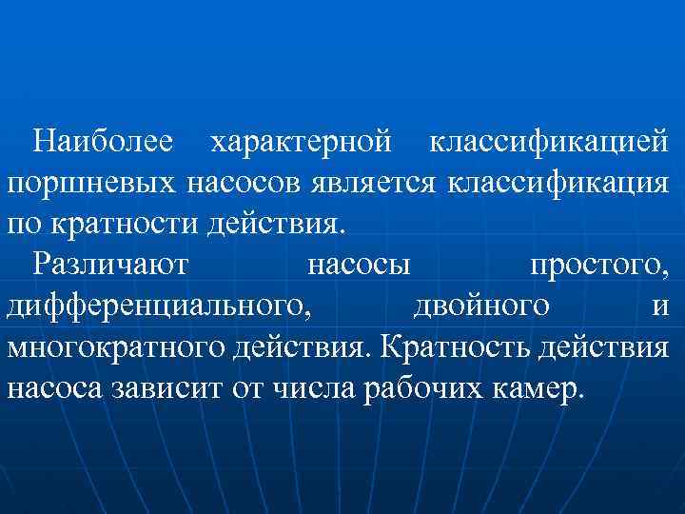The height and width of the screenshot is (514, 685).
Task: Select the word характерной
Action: [301, 142]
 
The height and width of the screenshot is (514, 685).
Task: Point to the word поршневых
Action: [90, 183]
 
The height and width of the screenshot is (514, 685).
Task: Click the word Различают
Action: [110, 266]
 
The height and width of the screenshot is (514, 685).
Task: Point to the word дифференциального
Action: [158, 306]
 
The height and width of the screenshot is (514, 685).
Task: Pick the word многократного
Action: [115, 347]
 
